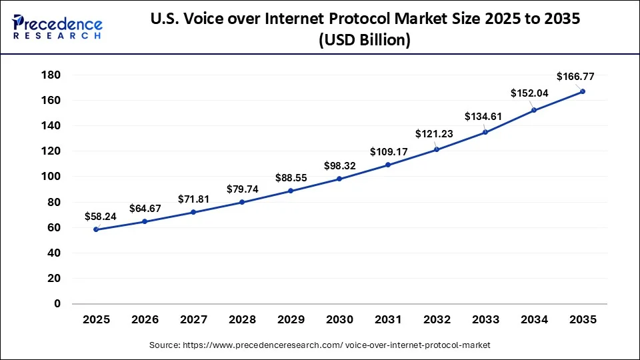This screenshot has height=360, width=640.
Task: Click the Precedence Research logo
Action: tap(57, 27)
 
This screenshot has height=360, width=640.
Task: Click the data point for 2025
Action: tap(97, 229)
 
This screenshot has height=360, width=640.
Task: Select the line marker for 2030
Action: tap(339, 179)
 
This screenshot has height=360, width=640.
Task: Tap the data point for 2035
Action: tap(583, 91)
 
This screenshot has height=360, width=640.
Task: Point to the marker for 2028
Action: tap(242, 202)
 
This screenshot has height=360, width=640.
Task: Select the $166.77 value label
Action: tap(576, 77)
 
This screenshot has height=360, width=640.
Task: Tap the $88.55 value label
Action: tap(293, 178)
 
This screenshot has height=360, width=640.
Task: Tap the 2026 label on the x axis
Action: tap(145, 319)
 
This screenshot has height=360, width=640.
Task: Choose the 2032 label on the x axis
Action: tap(437, 319)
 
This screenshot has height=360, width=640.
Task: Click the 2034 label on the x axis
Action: tap(534, 319)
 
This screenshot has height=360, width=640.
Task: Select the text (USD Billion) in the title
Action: tap(363, 40)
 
